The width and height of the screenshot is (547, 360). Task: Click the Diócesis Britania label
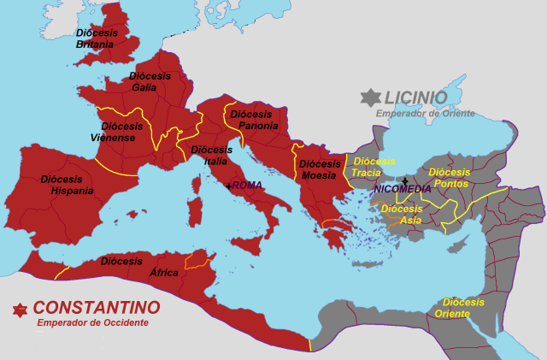coord(95,38)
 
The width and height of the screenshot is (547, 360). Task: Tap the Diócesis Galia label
coord(150,81)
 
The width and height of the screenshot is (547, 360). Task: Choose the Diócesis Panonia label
coord(255,120)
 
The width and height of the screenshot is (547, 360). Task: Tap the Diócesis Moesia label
coord(321,169)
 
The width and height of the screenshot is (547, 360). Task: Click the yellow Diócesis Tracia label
coord(373,166)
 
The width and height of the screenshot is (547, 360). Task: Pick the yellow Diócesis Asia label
coord(402,214)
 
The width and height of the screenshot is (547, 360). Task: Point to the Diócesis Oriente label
coord(463,308)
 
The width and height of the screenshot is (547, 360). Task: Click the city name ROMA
coord(247,186)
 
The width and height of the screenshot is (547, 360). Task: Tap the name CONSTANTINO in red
coord(97,307)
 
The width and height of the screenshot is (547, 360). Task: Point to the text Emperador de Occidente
coord(92,322)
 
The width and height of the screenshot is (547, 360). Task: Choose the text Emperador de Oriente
coord(425,113)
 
